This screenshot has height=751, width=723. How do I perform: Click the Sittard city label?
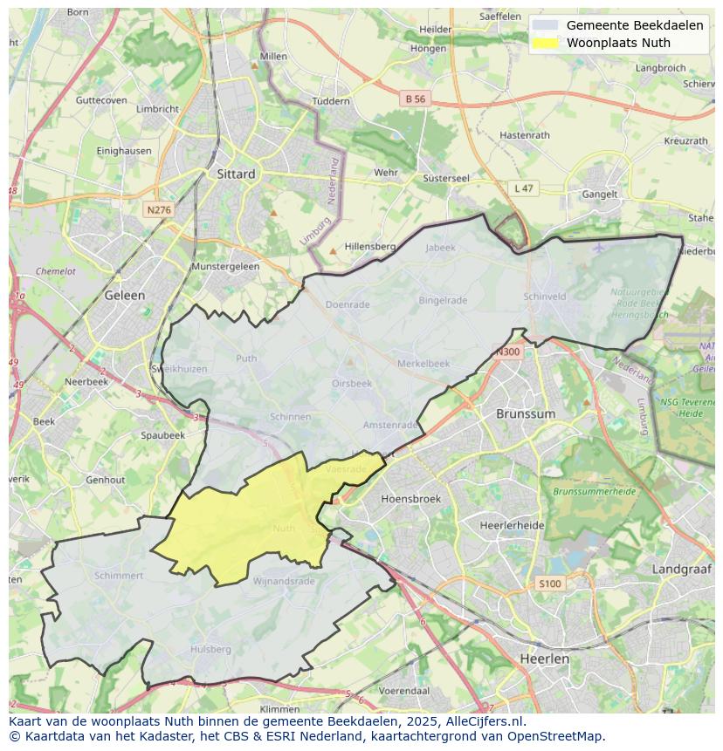point(236,174)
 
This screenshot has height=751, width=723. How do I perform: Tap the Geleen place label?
point(125,295)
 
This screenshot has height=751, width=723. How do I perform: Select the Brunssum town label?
point(525,413)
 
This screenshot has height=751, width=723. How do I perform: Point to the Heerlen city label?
point(543,659)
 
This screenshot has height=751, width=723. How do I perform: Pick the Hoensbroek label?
point(410,499)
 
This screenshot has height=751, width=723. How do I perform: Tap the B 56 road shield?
point(416,99)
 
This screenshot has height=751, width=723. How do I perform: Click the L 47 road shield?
point(523,188)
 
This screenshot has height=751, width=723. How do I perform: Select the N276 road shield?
point(159,210)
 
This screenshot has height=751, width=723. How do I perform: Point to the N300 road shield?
point(507,352)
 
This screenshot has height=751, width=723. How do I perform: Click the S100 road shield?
point(550,584)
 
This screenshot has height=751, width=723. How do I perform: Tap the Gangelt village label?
point(600,195)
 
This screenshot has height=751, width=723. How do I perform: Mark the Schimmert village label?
point(119,576)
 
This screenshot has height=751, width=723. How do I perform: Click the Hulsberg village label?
point(210,649)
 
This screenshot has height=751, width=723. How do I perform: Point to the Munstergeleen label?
point(225,266)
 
